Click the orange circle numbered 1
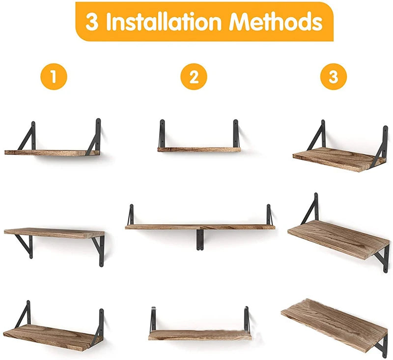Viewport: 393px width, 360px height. [53, 77]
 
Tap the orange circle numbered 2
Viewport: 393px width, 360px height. [194, 77]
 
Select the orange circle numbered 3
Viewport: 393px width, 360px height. [334, 77]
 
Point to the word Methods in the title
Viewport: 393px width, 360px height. [276, 22]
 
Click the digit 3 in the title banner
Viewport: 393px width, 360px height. [92, 22]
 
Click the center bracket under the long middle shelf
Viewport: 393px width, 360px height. [200, 240]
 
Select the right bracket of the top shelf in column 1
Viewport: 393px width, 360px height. [95, 136]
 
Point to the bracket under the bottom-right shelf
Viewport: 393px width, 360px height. [382, 344]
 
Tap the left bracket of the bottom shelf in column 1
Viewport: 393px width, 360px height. [24, 314]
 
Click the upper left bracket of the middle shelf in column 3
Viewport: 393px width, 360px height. [311, 209]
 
